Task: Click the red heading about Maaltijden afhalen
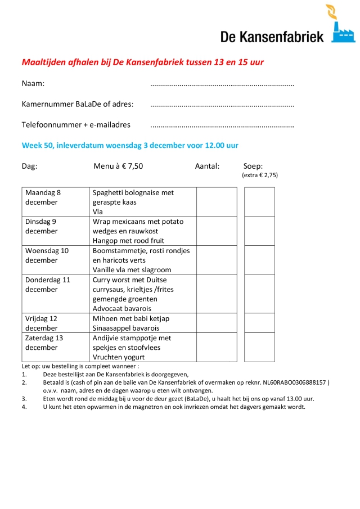pos(142,62)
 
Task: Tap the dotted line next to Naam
pos(222,85)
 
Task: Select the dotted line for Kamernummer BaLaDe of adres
pos(222,105)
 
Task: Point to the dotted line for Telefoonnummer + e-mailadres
pos(222,125)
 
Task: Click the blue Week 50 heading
pos(130,145)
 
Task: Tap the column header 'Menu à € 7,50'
pos(118,166)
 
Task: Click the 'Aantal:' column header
pos(207,166)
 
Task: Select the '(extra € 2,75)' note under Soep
pos(260,175)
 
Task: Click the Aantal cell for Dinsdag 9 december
pos(217,231)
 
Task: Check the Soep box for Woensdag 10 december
pos(259,260)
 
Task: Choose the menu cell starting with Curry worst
pos(143,294)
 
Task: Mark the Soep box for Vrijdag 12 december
pos(259,323)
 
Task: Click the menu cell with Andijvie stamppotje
pos(143,347)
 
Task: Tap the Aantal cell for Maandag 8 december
pos(217,202)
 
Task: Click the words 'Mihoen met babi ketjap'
pos(131,318)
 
